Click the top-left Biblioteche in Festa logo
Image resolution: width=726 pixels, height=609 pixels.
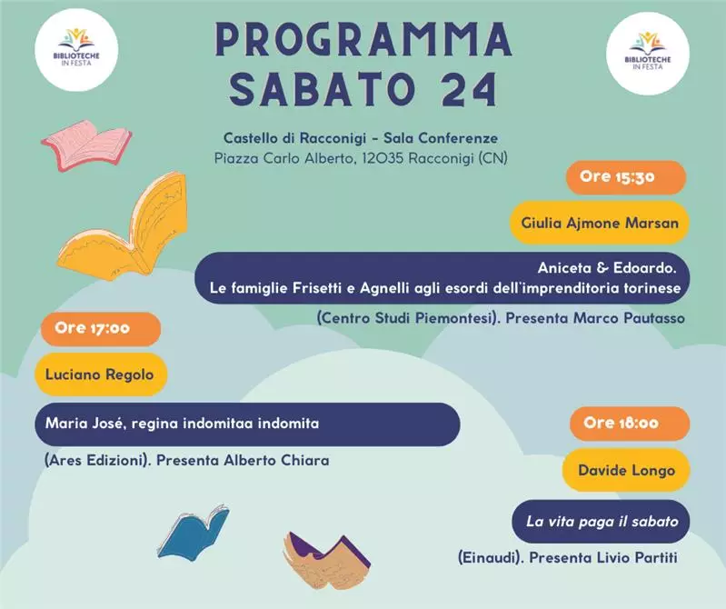tap(76, 50)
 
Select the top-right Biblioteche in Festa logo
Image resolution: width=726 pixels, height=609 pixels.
tap(648, 54)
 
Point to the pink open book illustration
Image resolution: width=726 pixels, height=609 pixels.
tap(86, 145)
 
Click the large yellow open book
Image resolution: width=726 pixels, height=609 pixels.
tap(125, 227)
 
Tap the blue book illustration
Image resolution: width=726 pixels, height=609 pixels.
tap(194, 533)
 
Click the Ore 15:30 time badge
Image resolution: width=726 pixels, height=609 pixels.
tap(626, 177)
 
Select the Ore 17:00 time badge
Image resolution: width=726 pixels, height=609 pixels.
tap(101, 329)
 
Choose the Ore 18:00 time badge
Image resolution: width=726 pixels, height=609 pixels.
tap(630, 424)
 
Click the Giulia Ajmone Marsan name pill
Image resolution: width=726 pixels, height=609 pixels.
tap(600, 223)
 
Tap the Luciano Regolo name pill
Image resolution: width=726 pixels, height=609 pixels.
tap(101, 374)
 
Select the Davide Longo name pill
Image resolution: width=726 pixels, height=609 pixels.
tap(626, 471)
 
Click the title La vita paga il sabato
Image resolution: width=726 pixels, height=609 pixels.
tap(602, 522)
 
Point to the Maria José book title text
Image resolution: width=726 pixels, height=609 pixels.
tap(182, 424)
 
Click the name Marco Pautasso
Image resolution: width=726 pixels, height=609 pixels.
tap(629, 318)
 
